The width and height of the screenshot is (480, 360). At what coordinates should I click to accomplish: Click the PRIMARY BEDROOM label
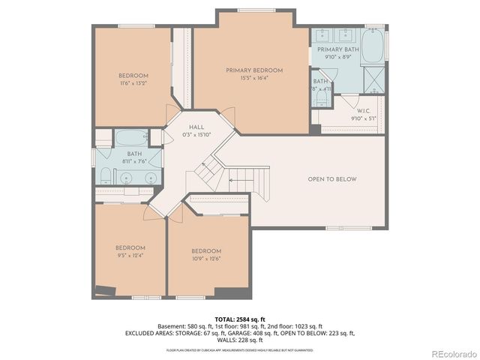click(x=254, y=70)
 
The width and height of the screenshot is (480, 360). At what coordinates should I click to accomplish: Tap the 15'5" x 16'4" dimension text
click(x=254, y=79)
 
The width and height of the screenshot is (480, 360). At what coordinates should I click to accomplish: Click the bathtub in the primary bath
click(x=373, y=44)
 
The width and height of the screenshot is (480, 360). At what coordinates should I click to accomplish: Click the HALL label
click(x=196, y=127)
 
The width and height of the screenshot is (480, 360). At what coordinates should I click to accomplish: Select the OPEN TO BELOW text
click(x=332, y=179)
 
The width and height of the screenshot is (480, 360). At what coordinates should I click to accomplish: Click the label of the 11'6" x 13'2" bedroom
click(x=133, y=76)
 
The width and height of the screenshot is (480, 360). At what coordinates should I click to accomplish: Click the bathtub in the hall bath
click(x=132, y=138)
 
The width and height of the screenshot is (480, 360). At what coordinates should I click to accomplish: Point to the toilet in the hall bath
click(x=106, y=176)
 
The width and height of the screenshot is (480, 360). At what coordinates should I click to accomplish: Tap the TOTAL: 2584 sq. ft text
click(x=239, y=319)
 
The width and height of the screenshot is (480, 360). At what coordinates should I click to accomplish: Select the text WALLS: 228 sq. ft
click(x=240, y=340)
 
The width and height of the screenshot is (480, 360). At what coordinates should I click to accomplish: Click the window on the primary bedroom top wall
click(x=253, y=10)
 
